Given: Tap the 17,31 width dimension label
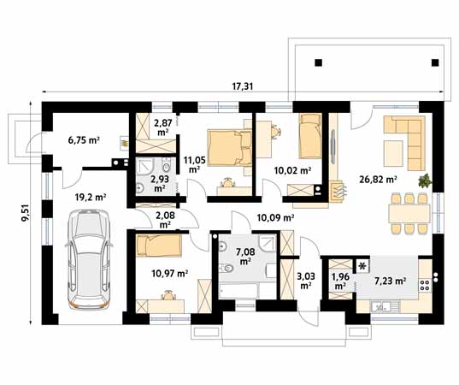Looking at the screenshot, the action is coord(243,86).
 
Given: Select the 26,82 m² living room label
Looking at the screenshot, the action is coord(378,180).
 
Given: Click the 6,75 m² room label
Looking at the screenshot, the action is coord(84,140).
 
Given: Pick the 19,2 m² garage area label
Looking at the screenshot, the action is coord(91,197).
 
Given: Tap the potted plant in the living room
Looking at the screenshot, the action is coord(425,181).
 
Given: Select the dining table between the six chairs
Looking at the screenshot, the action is coord(409,214).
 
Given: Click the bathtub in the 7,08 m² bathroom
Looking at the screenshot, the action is coord(238,291).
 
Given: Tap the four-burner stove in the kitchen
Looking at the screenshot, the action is coord(425,286).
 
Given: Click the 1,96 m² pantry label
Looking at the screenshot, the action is coord(339,281).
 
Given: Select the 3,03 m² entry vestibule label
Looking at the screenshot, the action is coord(306,281).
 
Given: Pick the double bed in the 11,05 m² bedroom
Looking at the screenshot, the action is coord(230,148).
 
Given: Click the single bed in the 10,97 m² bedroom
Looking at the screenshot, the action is coord(159,246).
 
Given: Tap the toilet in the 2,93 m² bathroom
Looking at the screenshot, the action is coord(166,168).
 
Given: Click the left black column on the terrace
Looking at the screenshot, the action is coord(319,62).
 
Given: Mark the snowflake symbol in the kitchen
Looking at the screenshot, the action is coord(362,266).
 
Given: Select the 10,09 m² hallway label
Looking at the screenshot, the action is coord(275,217).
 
